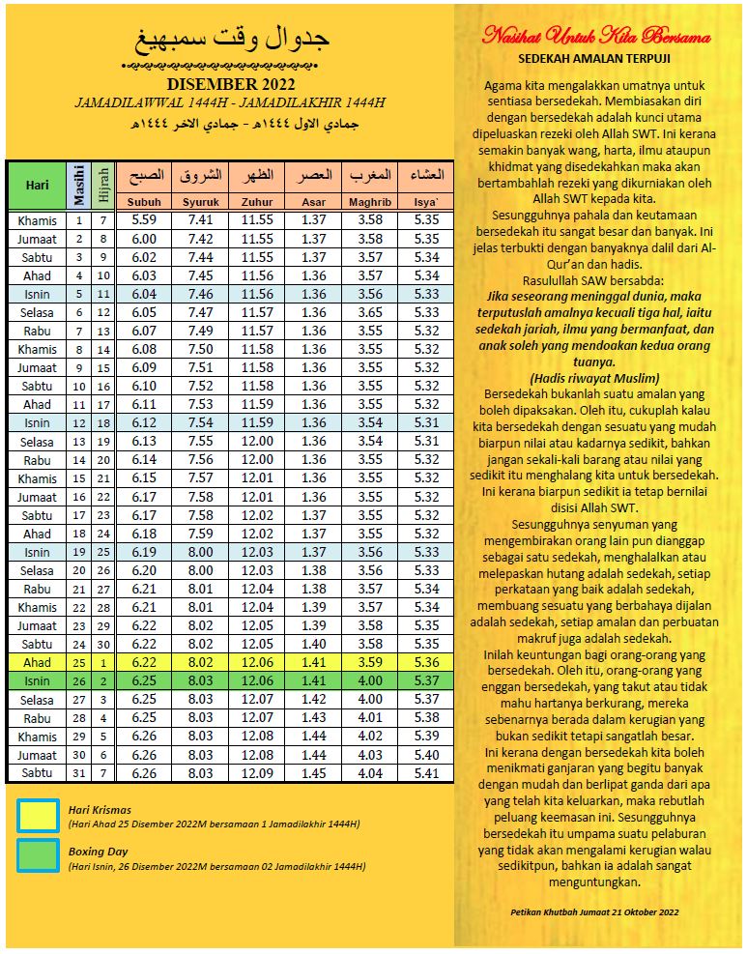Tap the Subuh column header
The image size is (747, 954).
click(x=144, y=202)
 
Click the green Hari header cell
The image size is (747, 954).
click(x=38, y=184)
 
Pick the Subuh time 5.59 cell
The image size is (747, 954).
click(x=144, y=220)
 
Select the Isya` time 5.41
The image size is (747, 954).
click(x=425, y=773)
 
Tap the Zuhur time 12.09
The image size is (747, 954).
click(x=257, y=773)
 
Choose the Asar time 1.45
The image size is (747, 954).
click(x=313, y=773)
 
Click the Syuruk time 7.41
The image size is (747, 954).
click(x=200, y=220)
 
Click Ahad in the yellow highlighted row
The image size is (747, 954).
click(x=38, y=663)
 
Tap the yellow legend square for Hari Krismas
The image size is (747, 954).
click(x=39, y=816)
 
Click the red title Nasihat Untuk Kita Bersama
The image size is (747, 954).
click(x=596, y=37)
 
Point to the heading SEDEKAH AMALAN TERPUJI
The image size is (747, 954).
click(x=596, y=59)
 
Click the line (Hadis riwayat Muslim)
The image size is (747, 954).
click(x=596, y=377)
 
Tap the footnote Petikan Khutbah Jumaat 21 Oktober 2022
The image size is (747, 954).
click(x=596, y=911)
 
